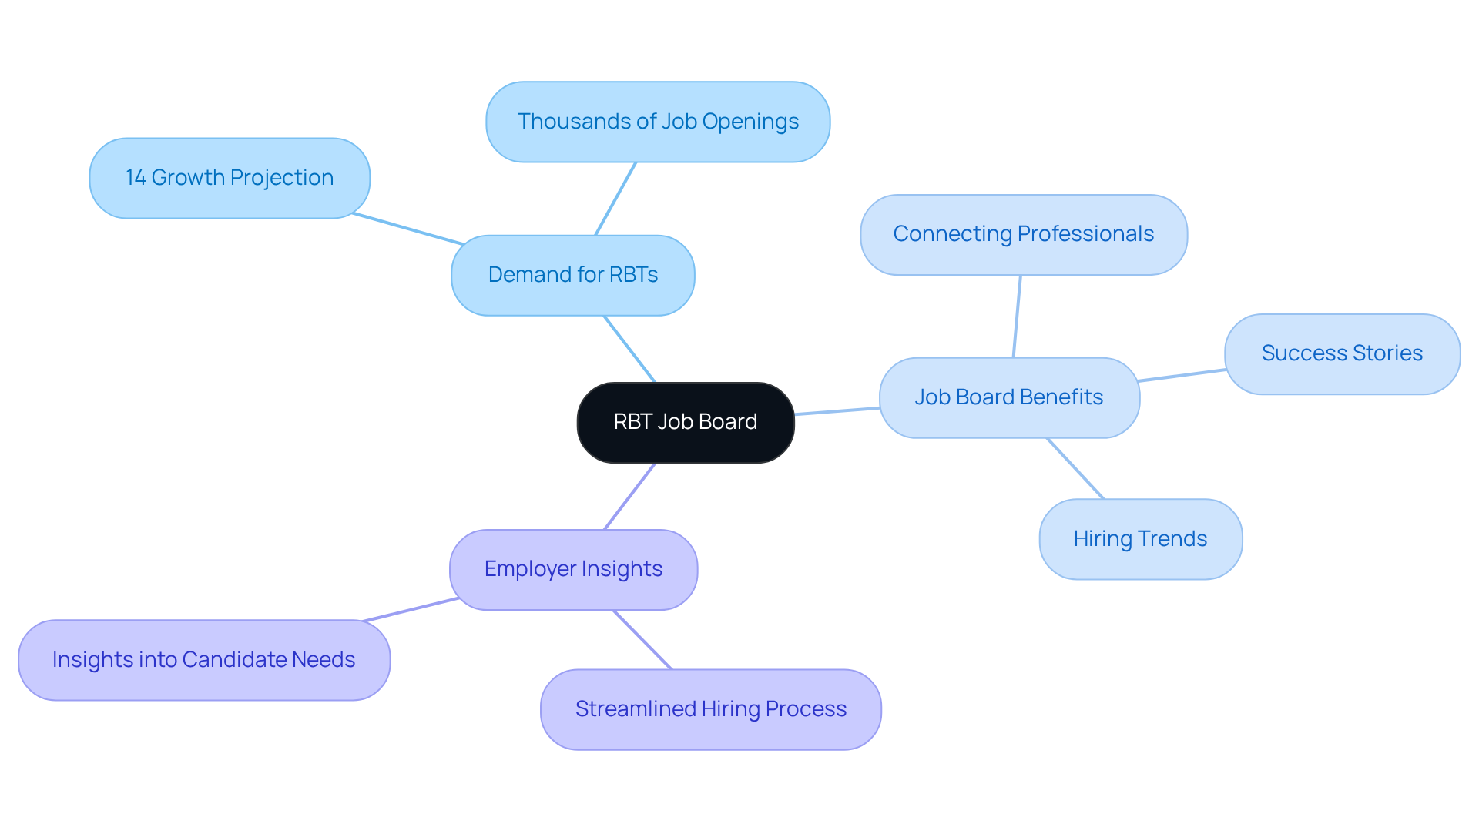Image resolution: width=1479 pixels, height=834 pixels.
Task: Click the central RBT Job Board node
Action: click(x=686, y=422)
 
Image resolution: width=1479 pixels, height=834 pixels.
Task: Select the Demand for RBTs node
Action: click(x=572, y=275)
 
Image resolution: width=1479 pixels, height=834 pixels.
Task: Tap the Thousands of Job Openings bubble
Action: click(x=658, y=122)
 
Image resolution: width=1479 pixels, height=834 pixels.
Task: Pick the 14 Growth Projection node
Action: click(x=230, y=178)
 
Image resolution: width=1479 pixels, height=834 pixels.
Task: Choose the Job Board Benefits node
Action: click(x=1009, y=397)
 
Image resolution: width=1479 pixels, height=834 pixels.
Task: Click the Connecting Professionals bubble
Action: click(x=1023, y=234)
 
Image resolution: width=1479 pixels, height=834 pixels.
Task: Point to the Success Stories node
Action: click(x=1342, y=353)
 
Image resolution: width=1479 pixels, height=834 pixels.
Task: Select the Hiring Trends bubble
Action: click(x=1140, y=539)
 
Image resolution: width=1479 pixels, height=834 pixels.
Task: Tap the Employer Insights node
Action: click(x=573, y=569)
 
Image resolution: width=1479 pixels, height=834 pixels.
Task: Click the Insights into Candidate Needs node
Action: click(x=203, y=660)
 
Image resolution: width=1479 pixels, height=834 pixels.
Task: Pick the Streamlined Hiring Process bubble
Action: click(x=710, y=709)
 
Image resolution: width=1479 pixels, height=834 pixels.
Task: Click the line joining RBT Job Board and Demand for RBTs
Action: click(x=629, y=349)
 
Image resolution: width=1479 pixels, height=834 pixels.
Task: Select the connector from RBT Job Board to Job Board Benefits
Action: click(x=837, y=411)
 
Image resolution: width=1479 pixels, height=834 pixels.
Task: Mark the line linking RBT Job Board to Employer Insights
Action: click(x=630, y=496)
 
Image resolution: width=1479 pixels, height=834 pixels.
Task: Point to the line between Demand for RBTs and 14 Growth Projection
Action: click(x=408, y=229)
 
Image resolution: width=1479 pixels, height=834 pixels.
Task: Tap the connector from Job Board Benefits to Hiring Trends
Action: click(x=1075, y=469)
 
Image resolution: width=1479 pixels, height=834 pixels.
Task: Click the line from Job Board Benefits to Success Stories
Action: click(x=1182, y=375)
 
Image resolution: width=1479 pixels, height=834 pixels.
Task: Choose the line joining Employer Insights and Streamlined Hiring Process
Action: click(x=642, y=640)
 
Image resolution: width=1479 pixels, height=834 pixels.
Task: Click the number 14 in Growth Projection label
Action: click(x=136, y=178)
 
